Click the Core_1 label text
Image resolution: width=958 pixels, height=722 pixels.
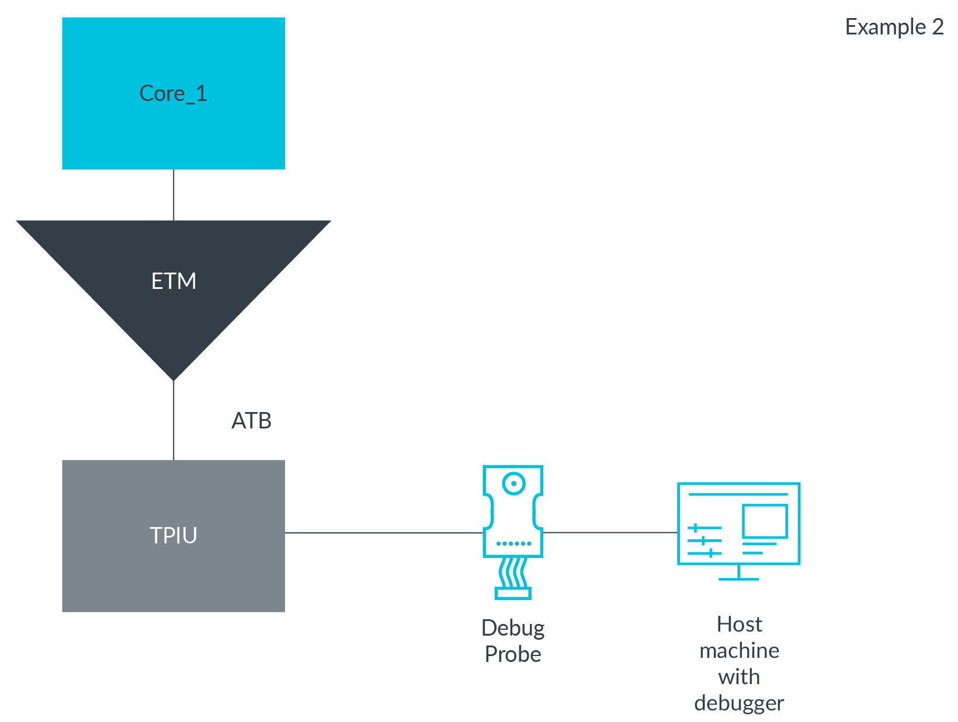click(173, 93)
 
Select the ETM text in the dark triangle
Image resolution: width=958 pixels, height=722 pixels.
click(173, 281)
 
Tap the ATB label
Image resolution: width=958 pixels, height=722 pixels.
click(251, 421)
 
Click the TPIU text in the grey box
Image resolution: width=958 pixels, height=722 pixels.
click(173, 535)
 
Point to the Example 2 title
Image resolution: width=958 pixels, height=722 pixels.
click(894, 27)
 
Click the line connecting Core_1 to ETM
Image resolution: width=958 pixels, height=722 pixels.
click(173, 195)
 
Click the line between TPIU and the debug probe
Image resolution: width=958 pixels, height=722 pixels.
click(383, 532)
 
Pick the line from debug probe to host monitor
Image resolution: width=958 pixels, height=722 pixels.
click(610, 532)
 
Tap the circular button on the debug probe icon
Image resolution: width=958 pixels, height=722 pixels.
click(513, 483)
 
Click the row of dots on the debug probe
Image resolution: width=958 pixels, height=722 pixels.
click(513, 543)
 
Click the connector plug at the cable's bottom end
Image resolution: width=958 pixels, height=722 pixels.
click(513, 594)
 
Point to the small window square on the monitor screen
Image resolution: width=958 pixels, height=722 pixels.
click(765, 521)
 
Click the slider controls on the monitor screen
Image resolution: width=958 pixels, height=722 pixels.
click(704, 540)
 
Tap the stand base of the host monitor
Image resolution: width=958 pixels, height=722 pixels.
click(738, 578)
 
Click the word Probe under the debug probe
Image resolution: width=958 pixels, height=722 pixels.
click(513, 654)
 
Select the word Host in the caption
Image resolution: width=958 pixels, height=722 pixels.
click(739, 625)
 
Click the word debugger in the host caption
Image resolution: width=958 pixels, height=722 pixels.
click(739, 703)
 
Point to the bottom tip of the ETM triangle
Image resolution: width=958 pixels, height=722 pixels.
click(173, 378)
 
